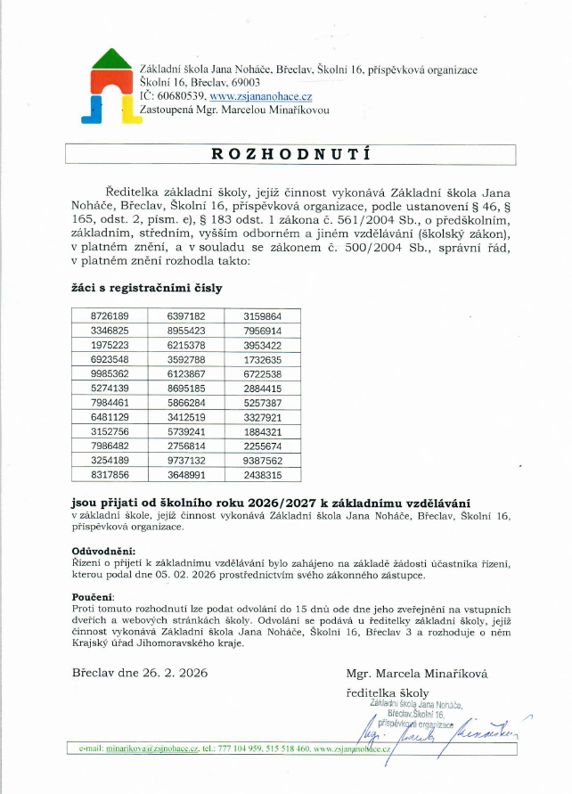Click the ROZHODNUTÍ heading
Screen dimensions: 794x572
point(290,153)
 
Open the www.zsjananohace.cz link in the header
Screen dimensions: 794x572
point(260,95)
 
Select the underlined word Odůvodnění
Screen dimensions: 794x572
point(102,552)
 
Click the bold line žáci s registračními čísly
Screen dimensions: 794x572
point(146,289)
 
